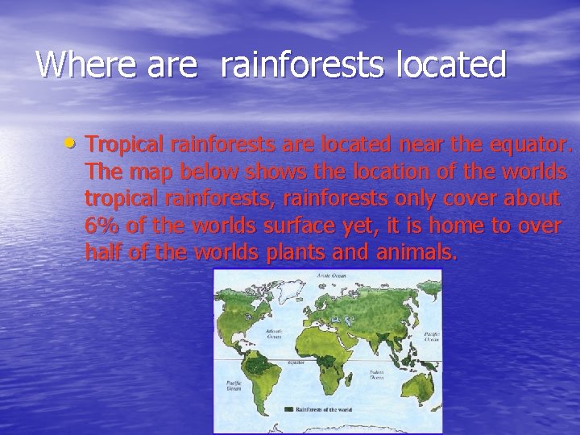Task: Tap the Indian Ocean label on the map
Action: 375,375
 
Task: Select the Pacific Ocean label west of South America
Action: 234,386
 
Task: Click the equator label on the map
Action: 296,362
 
